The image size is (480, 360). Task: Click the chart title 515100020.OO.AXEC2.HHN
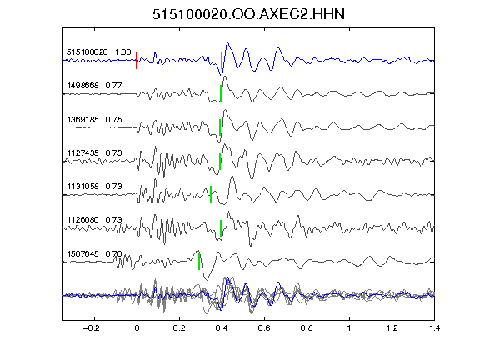248,14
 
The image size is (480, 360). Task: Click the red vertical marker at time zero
137,60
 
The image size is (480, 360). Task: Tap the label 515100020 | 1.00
98,52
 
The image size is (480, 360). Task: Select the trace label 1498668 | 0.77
94,85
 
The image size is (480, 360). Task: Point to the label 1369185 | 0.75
94,119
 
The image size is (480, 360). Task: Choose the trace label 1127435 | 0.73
94,152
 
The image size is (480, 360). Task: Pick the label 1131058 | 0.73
94,186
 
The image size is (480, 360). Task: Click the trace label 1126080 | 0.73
94,219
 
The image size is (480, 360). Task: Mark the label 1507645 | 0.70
94,253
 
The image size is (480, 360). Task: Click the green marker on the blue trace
222,60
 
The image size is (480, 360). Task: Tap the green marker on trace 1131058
211,194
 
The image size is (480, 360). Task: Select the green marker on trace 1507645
199,262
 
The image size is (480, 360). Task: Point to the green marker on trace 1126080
221,228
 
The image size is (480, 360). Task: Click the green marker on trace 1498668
221,93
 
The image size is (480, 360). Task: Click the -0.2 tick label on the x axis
92,328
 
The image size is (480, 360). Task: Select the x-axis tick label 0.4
222,328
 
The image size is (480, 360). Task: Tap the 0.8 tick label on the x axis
307,328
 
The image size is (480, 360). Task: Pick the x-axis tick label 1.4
435,328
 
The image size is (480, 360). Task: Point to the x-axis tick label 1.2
392,328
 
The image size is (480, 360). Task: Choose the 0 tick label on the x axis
137,328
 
